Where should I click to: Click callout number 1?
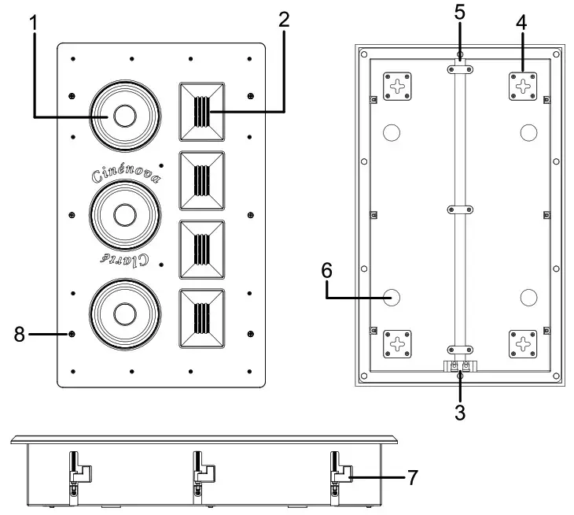pyautogui.click(x=34, y=23)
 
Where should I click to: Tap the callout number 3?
pyautogui.click(x=460, y=411)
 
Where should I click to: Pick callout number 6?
pyautogui.click(x=327, y=271)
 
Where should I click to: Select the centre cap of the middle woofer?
pyautogui.click(x=124, y=214)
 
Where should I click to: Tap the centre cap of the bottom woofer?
pyautogui.click(x=124, y=313)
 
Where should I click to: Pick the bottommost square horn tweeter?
pyautogui.click(x=203, y=318)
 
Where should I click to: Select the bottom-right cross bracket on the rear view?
pyautogui.click(x=523, y=343)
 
